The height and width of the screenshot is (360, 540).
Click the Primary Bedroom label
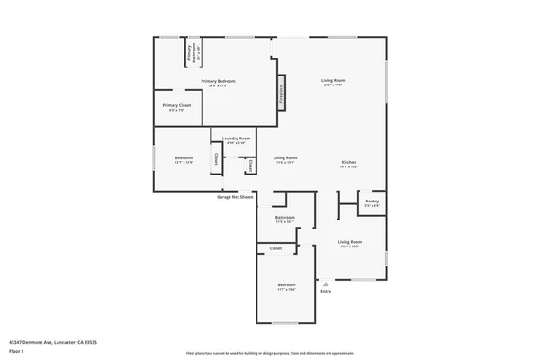point(219,82)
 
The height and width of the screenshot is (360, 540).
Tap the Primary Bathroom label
point(193,52)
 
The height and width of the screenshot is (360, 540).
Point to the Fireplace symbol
point(281,91)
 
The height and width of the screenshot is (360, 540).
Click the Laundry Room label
point(238,139)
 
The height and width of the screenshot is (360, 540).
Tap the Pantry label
point(372,203)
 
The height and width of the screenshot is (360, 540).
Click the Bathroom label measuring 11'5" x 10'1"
point(285,218)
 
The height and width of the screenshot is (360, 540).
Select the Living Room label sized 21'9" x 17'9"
point(333,82)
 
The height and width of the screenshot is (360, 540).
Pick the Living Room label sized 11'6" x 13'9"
point(285,158)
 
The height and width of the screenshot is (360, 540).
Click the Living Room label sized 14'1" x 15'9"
point(349,243)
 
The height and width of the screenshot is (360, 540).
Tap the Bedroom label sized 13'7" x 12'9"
point(184,158)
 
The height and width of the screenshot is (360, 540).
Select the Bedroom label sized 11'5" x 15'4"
point(286,286)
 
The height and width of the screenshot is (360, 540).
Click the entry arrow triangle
point(326,283)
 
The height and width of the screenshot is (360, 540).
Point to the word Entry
point(326,291)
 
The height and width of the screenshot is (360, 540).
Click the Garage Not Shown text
point(236,195)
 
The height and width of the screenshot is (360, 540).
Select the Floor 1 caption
point(17,351)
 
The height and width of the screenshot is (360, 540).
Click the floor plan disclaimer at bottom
point(269,353)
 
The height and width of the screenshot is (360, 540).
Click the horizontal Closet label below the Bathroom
point(275,247)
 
